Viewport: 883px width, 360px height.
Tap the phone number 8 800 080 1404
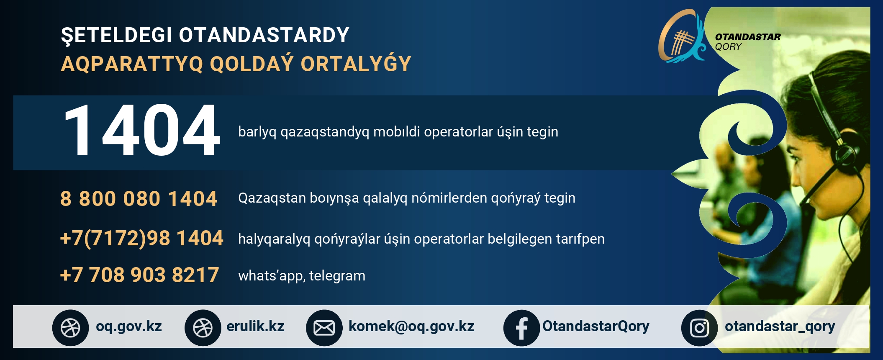pyautogui.click(x=139, y=198)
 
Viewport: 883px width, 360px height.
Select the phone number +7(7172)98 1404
pyautogui.click(x=141, y=238)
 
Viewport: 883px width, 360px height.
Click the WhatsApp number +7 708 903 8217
pyautogui.click(x=139, y=275)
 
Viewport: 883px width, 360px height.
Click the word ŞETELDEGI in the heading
pyautogui.click(x=117, y=35)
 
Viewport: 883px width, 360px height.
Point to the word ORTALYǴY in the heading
pyautogui.click(x=356, y=64)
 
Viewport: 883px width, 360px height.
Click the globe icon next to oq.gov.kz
pyautogui.click(x=70, y=328)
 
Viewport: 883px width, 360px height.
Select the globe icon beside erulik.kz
pyautogui.click(x=203, y=328)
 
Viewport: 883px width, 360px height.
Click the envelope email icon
pyautogui.click(x=324, y=328)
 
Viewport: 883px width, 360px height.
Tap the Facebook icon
pyautogui.click(x=521, y=328)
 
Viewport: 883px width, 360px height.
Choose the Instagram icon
pyautogui.click(x=699, y=328)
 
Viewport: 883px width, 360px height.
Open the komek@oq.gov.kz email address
pyautogui.click(x=411, y=327)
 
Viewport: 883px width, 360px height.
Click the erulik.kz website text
pyautogui.click(x=255, y=326)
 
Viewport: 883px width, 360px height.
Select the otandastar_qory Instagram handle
pyautogui.click(x=780, y=327)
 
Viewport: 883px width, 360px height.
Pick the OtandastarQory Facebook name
pyautogui.click(x=596, y=327)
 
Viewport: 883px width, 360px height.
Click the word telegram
pyautogui.click(x=337, y=276)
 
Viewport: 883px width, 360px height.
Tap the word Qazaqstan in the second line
pyautogui.click(x=272, y=198)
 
